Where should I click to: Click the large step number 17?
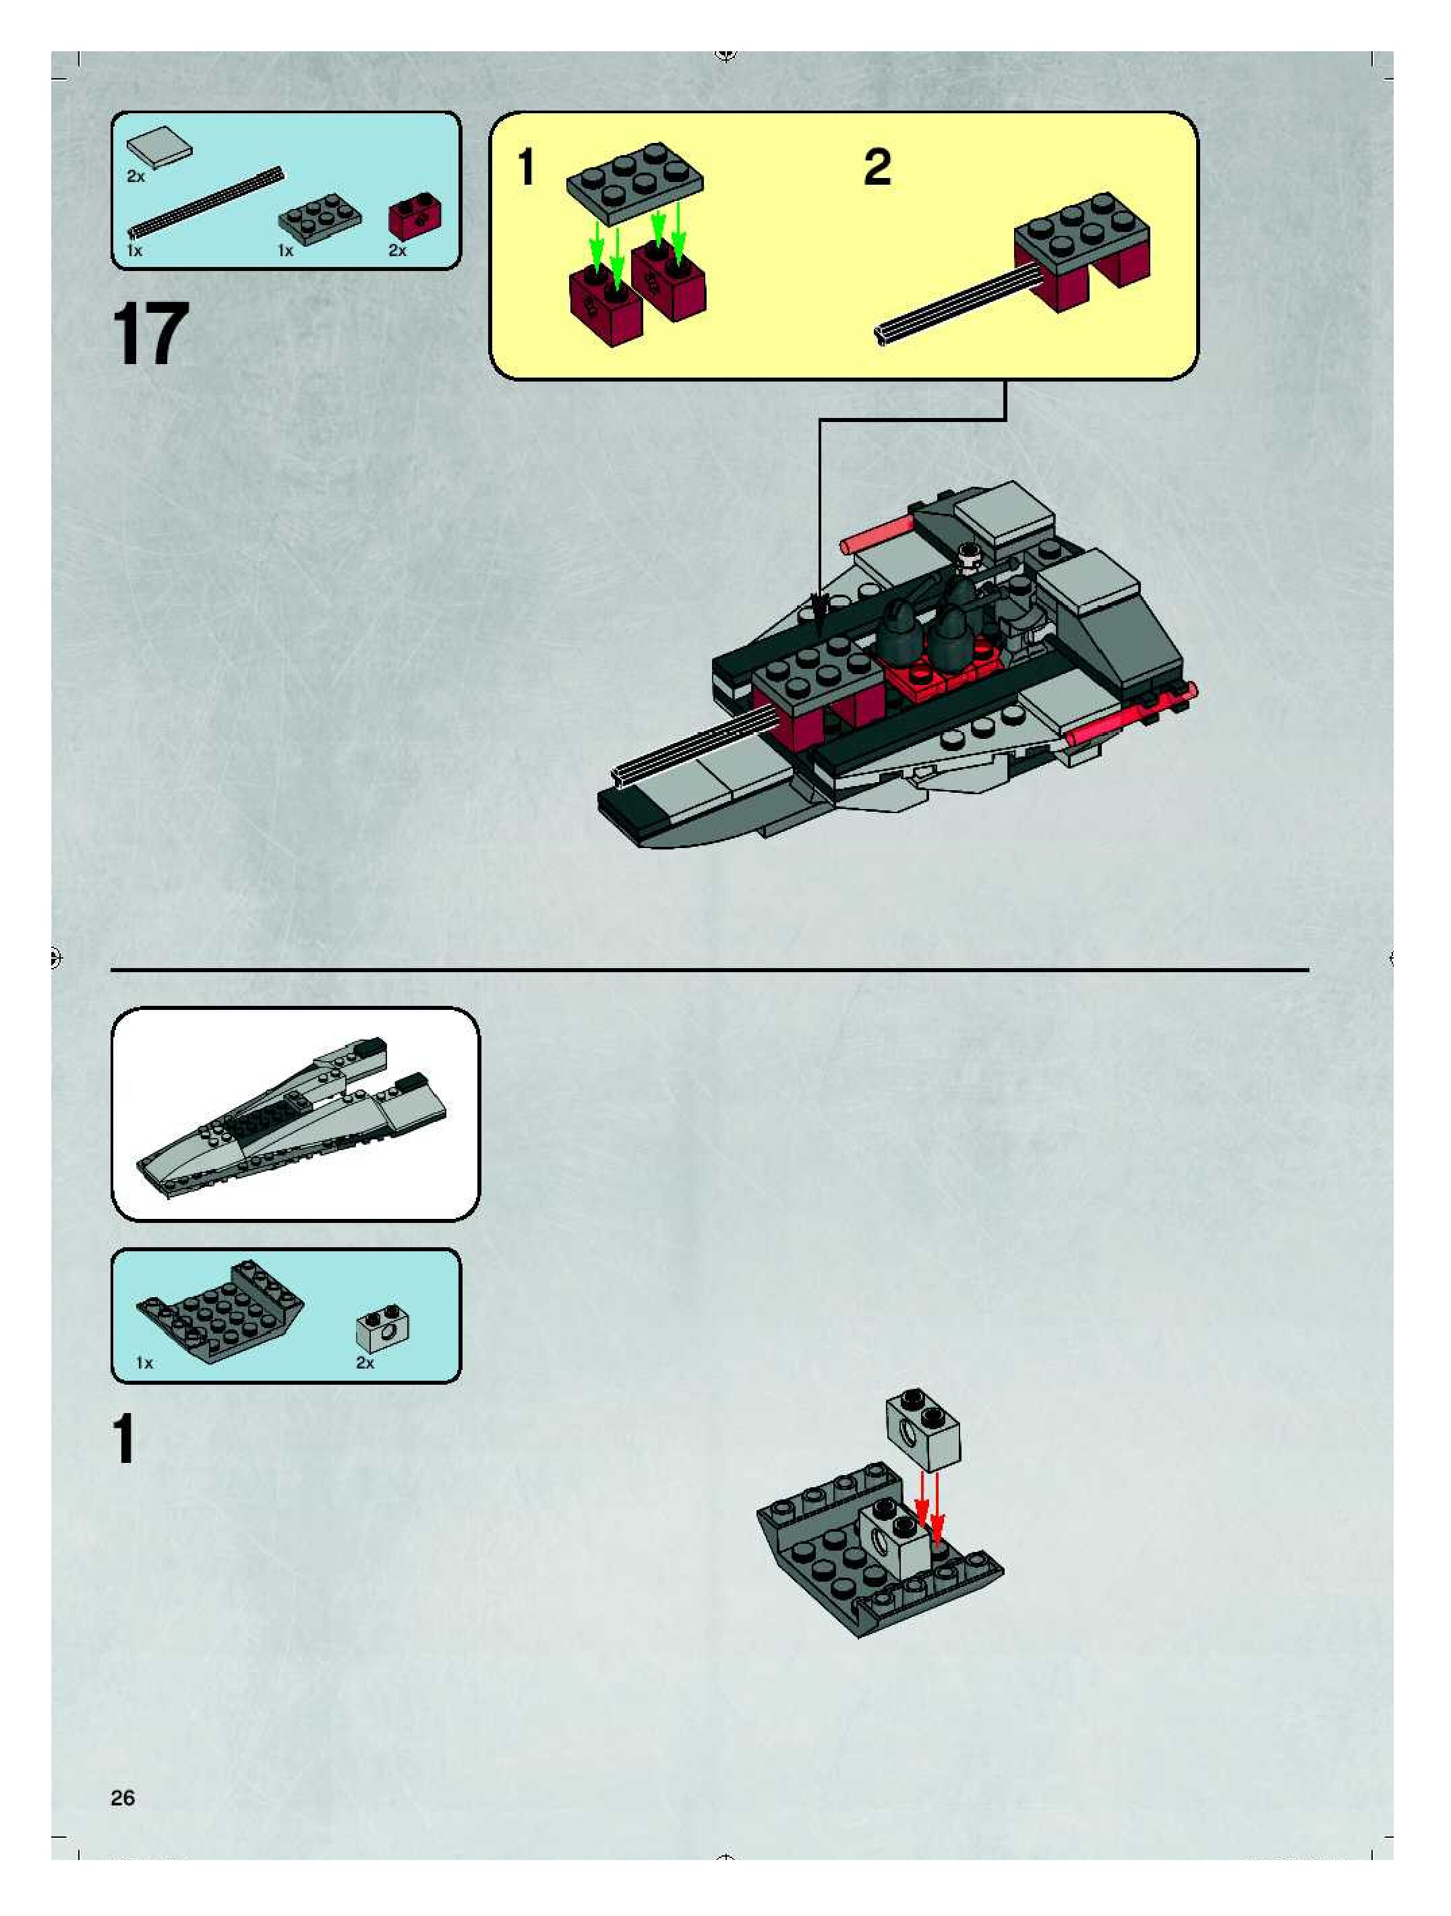150,335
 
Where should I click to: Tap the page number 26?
123,1797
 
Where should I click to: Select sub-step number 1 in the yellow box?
526,167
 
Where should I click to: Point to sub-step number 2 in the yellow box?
877,167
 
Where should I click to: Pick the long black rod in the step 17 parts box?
207,202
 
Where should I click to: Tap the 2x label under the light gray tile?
136,177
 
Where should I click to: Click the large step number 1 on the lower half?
124,1441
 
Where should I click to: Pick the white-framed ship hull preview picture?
295,1114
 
